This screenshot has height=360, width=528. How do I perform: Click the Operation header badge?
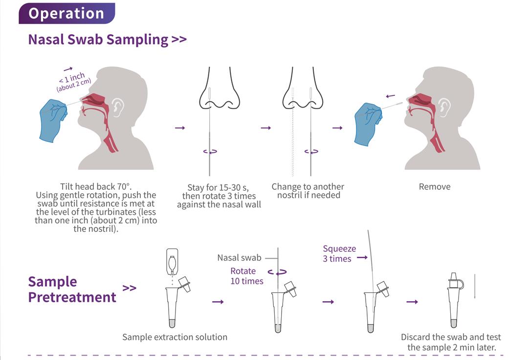(66, 13)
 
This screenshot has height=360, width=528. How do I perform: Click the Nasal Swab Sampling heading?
(107, 40)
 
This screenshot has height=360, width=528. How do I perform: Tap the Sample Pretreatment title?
(72, 289)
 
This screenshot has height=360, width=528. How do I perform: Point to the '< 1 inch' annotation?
(72, 78)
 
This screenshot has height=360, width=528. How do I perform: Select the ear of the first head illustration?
(117, 107)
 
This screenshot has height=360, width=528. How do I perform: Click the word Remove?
(435, 186)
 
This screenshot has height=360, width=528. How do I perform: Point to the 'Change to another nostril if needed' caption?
(308, 191)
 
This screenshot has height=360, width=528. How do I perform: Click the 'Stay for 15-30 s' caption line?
(218, 187)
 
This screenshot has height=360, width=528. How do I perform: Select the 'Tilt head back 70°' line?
(96, 186)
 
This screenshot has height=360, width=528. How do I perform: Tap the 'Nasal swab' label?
(239, 258)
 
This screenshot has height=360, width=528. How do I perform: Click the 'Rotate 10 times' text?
(247, 276)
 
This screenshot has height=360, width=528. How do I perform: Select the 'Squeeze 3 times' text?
(339, 253)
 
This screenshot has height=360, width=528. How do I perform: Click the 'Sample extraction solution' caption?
(175, 337)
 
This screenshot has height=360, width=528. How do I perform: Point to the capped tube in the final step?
(455, 300)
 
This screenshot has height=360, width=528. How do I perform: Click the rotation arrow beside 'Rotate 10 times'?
(277, 272)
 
